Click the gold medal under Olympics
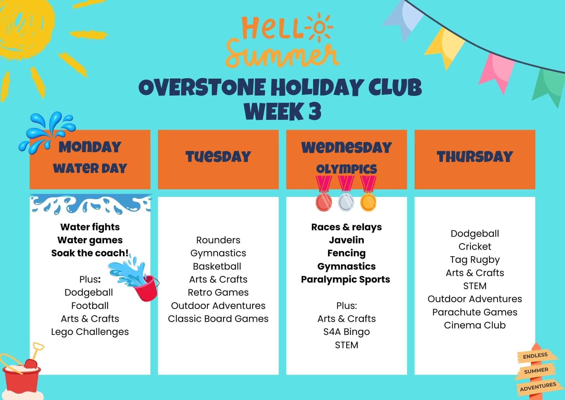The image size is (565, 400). pos(368,201)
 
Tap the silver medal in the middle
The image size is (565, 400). pos(346,202)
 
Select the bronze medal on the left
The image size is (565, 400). pos(324,201)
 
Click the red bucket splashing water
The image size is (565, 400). pos(146,288)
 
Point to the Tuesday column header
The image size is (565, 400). pos(218,157)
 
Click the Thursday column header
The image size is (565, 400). pos(475,157)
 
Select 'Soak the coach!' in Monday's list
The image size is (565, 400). pos(90,253)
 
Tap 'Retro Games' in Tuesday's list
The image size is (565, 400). pos(218,292)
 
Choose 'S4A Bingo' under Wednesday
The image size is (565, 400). pos(346,332)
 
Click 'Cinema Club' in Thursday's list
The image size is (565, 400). pos(475,325)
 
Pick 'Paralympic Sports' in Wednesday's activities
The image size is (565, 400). pos(345,279)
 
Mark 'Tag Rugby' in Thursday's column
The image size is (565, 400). pos(475,259)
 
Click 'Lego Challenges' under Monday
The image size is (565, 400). pos(90,332)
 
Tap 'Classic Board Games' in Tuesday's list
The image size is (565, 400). pos(218,319)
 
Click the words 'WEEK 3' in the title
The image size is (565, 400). pos(282,111)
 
